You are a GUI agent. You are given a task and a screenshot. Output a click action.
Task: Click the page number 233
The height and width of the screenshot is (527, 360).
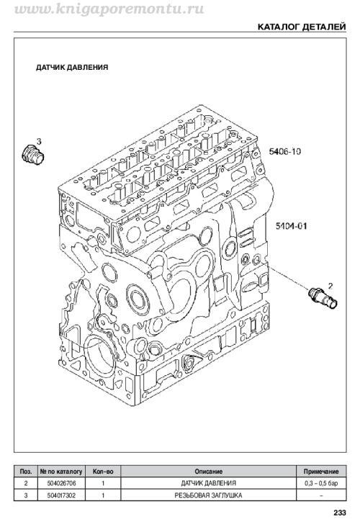[340, 513]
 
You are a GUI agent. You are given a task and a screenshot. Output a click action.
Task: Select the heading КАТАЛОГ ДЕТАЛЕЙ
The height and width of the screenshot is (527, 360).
[302, 27]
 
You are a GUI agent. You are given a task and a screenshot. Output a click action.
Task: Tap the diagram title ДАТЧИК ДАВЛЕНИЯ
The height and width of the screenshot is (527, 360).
[72, 67]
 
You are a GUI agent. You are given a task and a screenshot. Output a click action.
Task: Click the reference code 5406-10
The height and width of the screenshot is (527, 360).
[284, 152]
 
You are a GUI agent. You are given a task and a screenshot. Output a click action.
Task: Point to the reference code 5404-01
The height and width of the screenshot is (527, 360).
[291, 226]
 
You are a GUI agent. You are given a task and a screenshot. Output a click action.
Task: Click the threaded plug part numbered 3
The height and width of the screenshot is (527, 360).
[32, 156]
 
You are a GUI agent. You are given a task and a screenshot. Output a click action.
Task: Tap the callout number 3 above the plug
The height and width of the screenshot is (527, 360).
[39, 142]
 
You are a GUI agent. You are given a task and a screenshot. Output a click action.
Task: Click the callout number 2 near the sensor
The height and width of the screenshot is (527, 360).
[330, 286]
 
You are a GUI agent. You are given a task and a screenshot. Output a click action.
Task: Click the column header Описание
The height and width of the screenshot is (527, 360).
[208, 472]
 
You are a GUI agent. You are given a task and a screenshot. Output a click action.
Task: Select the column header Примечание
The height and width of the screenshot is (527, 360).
[321, 472]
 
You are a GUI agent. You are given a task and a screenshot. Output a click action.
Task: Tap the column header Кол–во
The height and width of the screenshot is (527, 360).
[103, 472]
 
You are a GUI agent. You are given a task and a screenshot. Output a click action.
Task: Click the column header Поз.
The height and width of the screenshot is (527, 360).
[26, 472]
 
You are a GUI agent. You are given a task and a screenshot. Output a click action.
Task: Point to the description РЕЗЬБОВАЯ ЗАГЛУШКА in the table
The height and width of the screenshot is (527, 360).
[208, 495]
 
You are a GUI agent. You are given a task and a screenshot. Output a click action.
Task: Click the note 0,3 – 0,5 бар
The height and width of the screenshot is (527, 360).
[321, 483]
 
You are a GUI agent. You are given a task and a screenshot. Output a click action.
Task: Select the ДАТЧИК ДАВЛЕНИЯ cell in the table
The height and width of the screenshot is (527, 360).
[208, 483]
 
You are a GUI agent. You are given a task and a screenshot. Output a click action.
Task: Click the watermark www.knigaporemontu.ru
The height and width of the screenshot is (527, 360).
[109, 9]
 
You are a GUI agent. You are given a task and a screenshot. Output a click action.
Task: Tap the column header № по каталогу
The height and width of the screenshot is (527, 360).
[61, 472]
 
